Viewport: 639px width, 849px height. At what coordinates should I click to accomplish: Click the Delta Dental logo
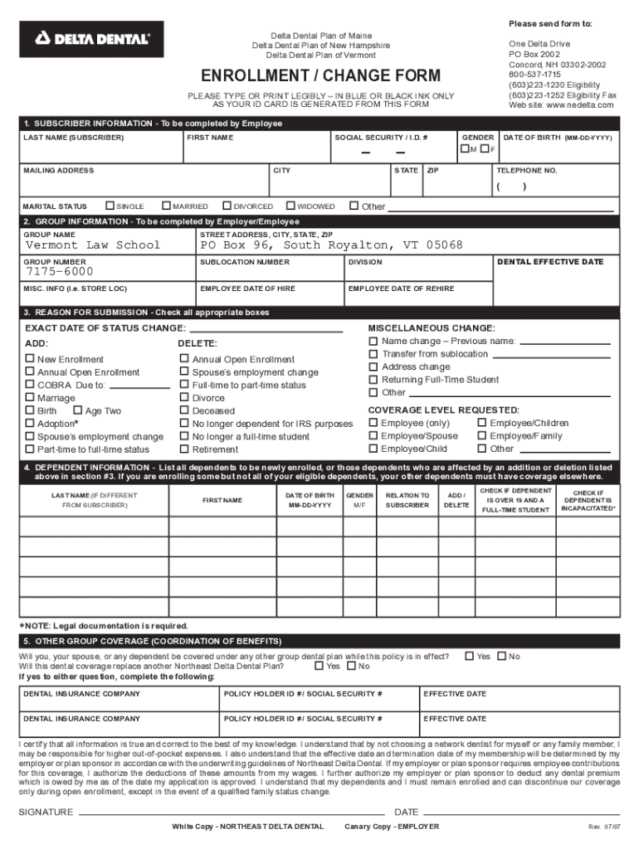[x=91, y=38]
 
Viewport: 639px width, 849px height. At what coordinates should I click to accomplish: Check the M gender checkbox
[x=465, y=148]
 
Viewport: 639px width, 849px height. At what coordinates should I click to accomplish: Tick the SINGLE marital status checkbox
[x=110, y=206]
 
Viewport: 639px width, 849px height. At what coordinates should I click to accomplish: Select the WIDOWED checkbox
[x=291, y=206]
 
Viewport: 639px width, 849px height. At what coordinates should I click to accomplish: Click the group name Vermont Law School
[x=93, y=245]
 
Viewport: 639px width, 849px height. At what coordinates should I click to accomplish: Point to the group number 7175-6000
[x=60, y=272]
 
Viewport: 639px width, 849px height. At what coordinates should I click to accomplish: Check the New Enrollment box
[x=30, y=359]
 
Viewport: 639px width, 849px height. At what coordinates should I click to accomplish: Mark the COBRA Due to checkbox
[x=30, y=385]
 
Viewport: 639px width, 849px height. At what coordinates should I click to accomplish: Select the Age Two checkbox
[x=77, y=410]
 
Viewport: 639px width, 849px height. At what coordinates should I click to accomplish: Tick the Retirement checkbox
[x=184, y=449]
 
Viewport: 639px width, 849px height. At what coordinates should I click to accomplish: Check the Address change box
[x=373, y=366]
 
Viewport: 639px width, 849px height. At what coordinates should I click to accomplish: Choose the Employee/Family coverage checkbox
[x=481, y=435]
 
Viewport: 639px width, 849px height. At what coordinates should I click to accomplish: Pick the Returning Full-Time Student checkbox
[x=373, y=379]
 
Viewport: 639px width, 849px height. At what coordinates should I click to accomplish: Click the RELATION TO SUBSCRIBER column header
[x=407, y=500]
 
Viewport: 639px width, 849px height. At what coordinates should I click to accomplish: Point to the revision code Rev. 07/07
[x=603, y=827]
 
